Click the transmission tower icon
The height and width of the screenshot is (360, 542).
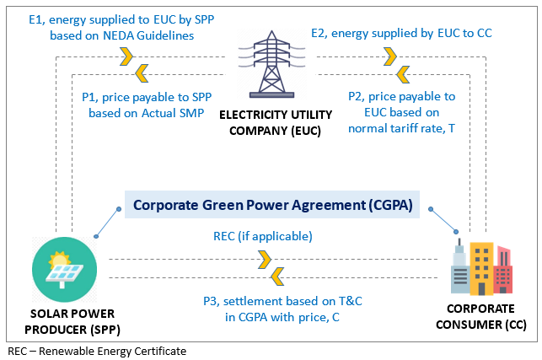point(271,66)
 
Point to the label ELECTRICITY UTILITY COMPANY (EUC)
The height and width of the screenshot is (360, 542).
point(271,121)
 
